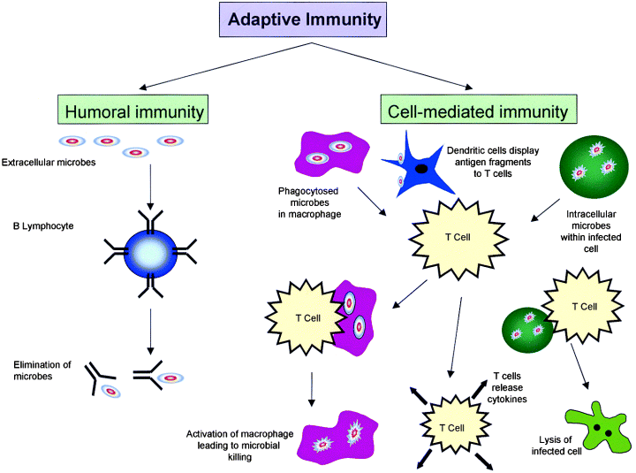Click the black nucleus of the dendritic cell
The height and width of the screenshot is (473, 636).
423,168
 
